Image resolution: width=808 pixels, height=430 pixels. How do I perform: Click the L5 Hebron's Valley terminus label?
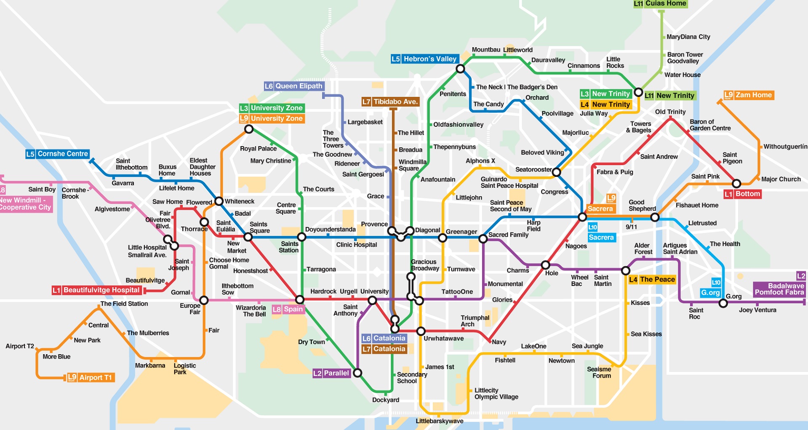[x=424, y=59]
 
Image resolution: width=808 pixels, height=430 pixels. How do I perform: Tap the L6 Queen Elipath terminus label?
[x=294, y=86]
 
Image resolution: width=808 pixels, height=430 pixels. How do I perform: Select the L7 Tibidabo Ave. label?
[x=391, y=102]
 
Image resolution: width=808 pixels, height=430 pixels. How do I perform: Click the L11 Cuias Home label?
[x=660, y=4]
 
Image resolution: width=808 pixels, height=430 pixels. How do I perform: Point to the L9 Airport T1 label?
[x=91, y=378]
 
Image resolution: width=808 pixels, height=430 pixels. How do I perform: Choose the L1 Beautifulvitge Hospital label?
[x=96, y=290]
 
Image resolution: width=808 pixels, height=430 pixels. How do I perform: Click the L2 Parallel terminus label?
[x=331, y=373]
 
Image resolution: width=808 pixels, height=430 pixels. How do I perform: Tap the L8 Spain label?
[x=288, y=310]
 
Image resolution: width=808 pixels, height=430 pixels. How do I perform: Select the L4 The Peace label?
[x=652, y=280]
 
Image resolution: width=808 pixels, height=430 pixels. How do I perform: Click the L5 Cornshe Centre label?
[x=58, y=154]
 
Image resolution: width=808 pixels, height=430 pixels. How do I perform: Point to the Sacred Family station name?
[x=508, y=235]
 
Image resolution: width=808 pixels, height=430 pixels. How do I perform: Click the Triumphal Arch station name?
[x=475, y=321]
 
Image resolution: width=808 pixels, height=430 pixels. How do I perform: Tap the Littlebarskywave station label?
[x=439, y=421]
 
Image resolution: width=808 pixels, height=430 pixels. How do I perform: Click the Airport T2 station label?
[x=20, y=346]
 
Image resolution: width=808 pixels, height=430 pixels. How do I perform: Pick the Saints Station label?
[x=289, y=247]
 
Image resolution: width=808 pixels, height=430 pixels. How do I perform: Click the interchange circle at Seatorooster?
[x=556, y=172]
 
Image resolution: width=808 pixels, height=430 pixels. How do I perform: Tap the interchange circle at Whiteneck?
[x=219, y=201]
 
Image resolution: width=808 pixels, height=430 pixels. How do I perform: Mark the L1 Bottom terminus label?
[x=743, y=194]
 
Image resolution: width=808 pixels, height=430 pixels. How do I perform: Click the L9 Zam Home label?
[x=749, y=95]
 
